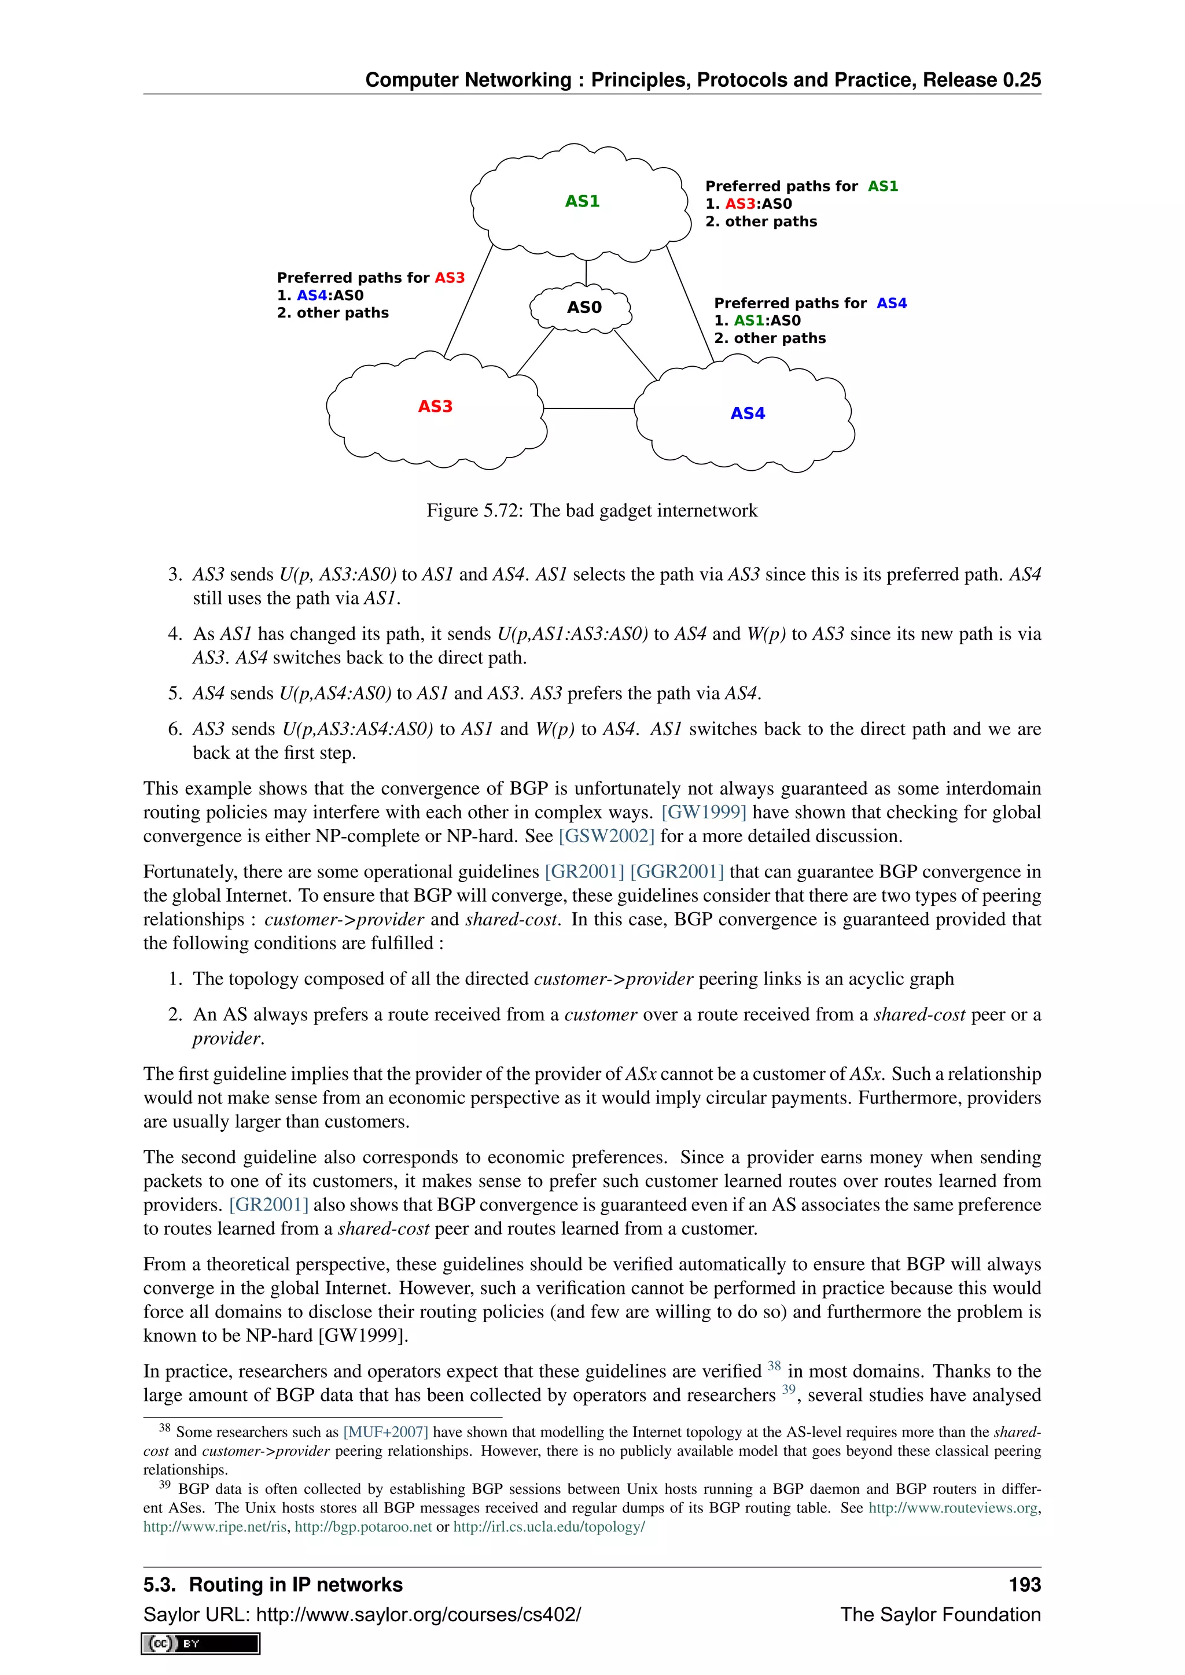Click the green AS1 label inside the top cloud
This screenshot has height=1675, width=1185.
582,201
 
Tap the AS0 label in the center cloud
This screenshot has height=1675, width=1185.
584,307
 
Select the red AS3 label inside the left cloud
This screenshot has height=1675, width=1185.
435,407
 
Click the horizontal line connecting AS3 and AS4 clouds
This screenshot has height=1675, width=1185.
588,408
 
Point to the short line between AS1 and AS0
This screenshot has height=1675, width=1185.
586,273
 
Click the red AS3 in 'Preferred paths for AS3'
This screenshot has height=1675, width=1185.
450,278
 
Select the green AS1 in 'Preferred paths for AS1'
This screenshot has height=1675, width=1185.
883,187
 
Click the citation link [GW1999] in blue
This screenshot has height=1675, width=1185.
704,812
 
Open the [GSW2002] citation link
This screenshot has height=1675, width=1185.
606,836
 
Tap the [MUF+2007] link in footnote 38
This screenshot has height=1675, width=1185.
385,1432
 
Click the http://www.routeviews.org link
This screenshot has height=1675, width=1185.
952,1508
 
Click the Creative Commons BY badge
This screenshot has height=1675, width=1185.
201,1644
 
